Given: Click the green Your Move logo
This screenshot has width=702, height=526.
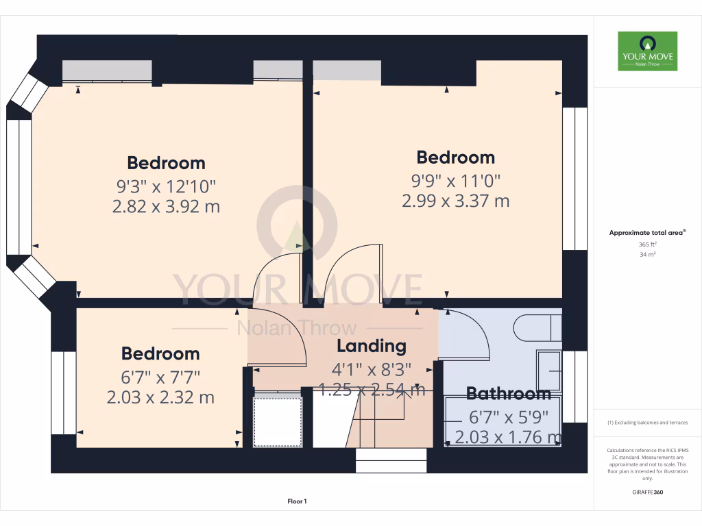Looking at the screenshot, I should [x=647, y=51].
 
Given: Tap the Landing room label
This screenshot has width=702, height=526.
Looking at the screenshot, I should [x=371, y=346].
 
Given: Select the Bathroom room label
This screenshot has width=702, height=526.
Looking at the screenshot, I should [x=508, y=394].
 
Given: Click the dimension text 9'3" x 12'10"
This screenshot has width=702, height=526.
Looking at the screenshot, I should [x=166, y=186].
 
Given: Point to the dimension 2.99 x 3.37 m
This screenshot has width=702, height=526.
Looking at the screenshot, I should [x=456, y=201].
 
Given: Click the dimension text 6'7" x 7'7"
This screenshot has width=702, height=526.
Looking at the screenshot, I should [x=160, y=377].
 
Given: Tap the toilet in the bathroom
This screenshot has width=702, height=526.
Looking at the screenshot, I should [x=539, y=327].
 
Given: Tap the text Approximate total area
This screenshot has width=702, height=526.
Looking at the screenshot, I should [x=647, y=233].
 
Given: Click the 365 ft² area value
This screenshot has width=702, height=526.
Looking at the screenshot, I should [x=647, y=245].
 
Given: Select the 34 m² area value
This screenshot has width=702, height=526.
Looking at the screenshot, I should [x=647, y=255].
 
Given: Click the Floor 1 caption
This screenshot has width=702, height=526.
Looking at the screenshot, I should [x=297, y=502].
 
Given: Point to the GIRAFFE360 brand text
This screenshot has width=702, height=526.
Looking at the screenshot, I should [x=647, y=492].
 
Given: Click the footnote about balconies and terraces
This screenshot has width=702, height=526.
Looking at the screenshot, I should [x=647, y=423].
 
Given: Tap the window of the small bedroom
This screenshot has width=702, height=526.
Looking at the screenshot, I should [x=63, y=392].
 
